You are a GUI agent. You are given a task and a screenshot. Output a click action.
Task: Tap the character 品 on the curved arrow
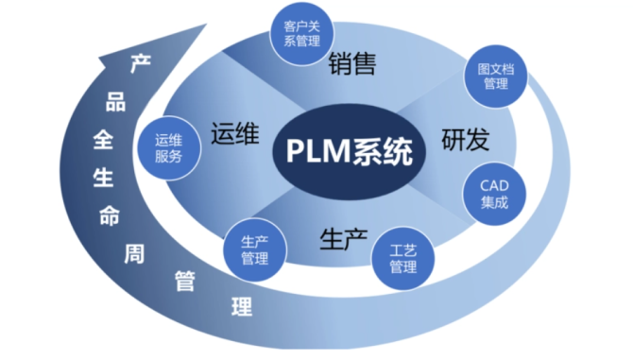116,101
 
